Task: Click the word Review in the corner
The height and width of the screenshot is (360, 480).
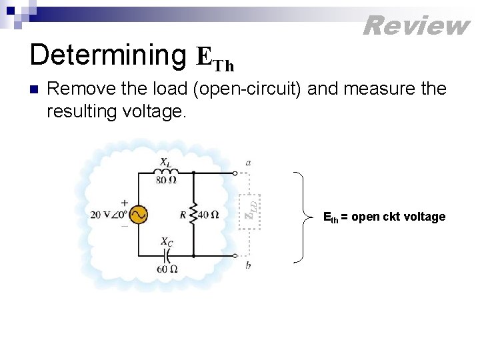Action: click(417, 25)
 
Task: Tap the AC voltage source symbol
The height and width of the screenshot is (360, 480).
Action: click(139, 215)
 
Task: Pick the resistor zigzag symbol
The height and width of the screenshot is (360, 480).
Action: click(193, 215)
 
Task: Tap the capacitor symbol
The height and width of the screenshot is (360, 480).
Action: click(166, 255)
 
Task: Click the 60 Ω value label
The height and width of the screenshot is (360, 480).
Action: click(167, 269)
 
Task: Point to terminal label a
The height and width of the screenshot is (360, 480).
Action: click(247, 162)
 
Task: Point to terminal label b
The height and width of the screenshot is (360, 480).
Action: click(247, 266)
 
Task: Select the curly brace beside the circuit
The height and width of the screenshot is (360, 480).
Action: click(303, 217)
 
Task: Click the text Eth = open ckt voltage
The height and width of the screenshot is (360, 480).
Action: click(384, 217)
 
